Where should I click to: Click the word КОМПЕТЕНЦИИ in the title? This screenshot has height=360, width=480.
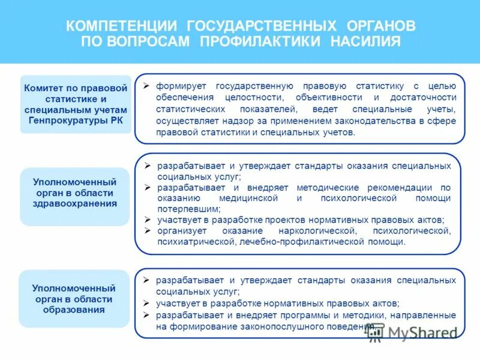pos(122,26)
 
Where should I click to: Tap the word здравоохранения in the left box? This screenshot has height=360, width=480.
pos(75,203)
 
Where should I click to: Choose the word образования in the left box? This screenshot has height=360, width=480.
pos(74,310)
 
